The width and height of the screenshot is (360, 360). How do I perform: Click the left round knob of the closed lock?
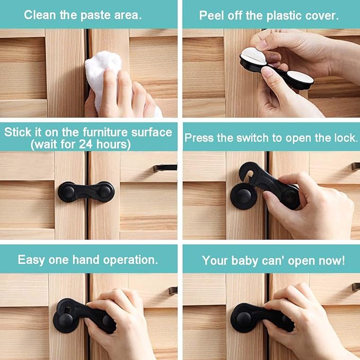[67, 191]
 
